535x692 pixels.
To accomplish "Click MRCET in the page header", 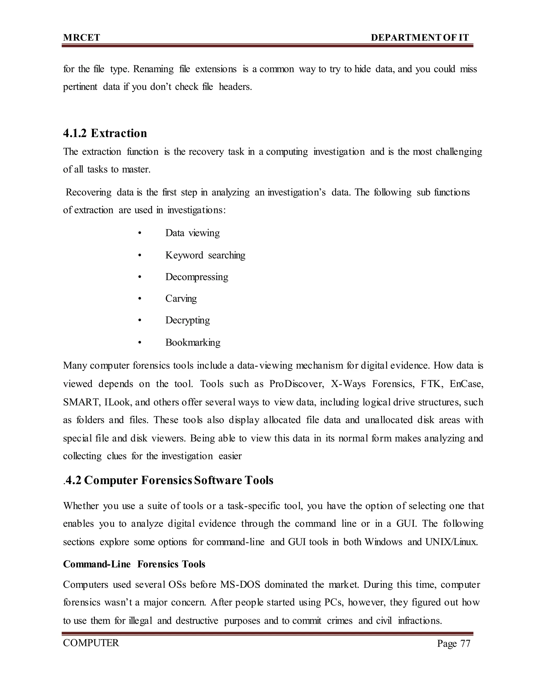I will tap(82, 38).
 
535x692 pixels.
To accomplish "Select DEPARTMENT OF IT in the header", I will tap(420, 38).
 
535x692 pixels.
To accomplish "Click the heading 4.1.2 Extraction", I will tap(105, 133).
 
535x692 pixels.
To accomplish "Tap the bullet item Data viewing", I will tap(192, 233).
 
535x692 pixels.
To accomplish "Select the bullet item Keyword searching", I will tap(205, 255).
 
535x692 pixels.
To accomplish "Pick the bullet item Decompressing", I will tap(196, 277).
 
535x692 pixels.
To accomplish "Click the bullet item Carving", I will tap(181, 298).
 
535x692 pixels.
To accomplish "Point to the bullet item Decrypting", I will tap(187, 320).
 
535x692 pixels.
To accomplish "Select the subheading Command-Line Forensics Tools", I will tap(134, 564).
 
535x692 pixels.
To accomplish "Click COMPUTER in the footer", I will tap(91, 643).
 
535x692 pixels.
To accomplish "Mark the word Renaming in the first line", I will tap(153, 69).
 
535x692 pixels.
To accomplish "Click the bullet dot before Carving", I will tap(139, 299).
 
